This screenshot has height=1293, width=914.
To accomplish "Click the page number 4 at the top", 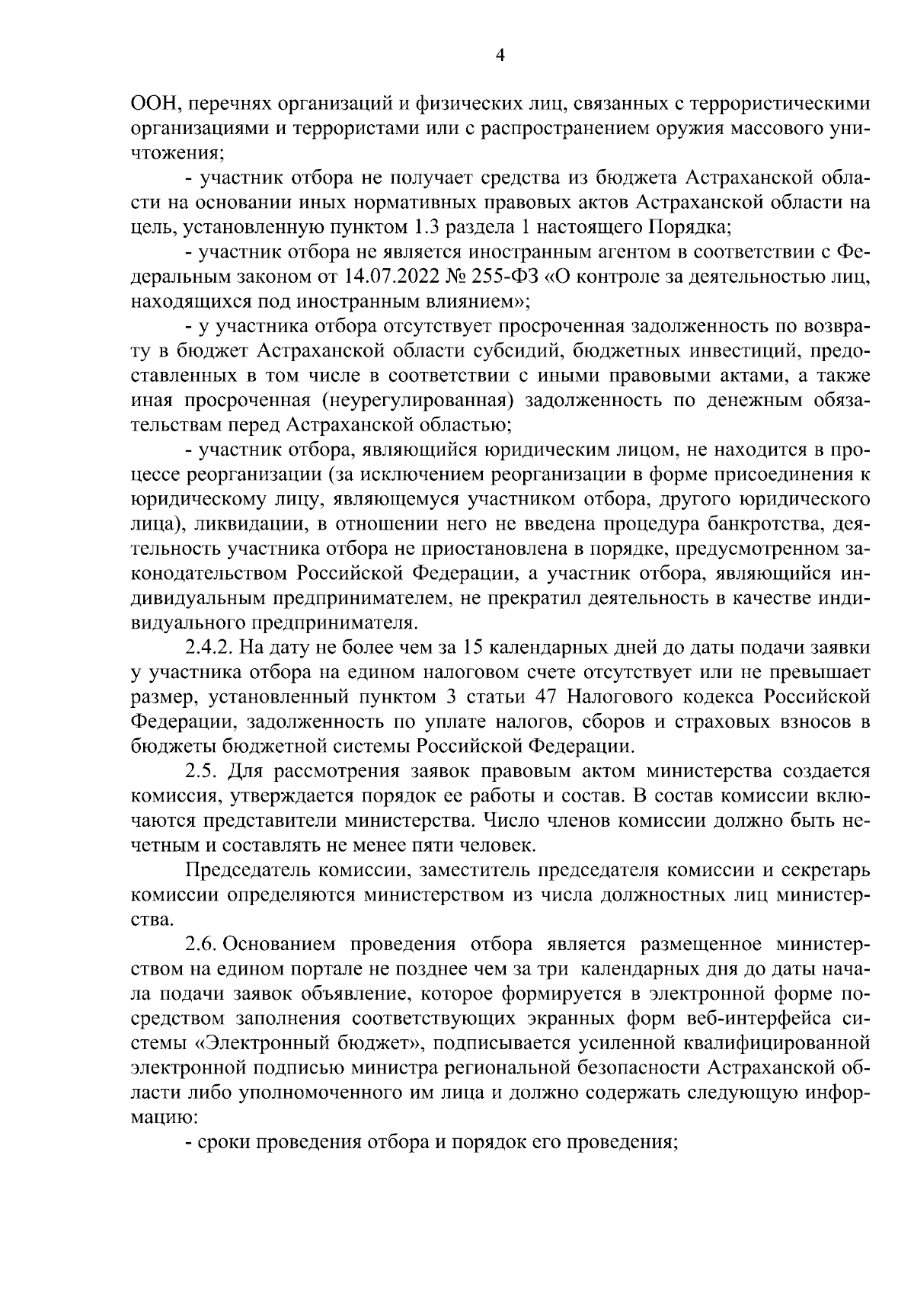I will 500,55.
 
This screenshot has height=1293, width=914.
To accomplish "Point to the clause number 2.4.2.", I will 210,648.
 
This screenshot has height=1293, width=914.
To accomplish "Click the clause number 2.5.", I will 202,772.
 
